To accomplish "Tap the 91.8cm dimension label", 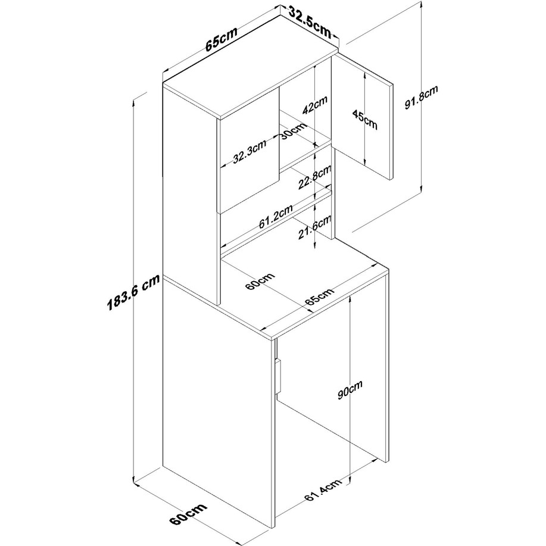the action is click(x=421, y=98).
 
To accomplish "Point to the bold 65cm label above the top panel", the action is click(x=221, y=38).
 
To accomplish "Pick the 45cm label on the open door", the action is click(x=364, y=119).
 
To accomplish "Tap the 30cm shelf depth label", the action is click(x=294, y=130).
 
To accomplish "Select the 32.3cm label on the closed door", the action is click(x=249, y=152).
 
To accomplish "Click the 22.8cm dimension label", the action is click(x=314, y=177).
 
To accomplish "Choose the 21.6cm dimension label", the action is click(x=314, y=227).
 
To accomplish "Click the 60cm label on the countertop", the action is click(x=260, y=282).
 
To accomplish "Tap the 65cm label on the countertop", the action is click(x=320, y=297).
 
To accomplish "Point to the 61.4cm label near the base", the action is click(x=323, y=490).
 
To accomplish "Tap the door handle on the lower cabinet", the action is click(x=278, y=377).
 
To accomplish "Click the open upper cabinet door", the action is click(x=362, y=116).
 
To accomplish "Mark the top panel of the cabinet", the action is click(x=250, y=65).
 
